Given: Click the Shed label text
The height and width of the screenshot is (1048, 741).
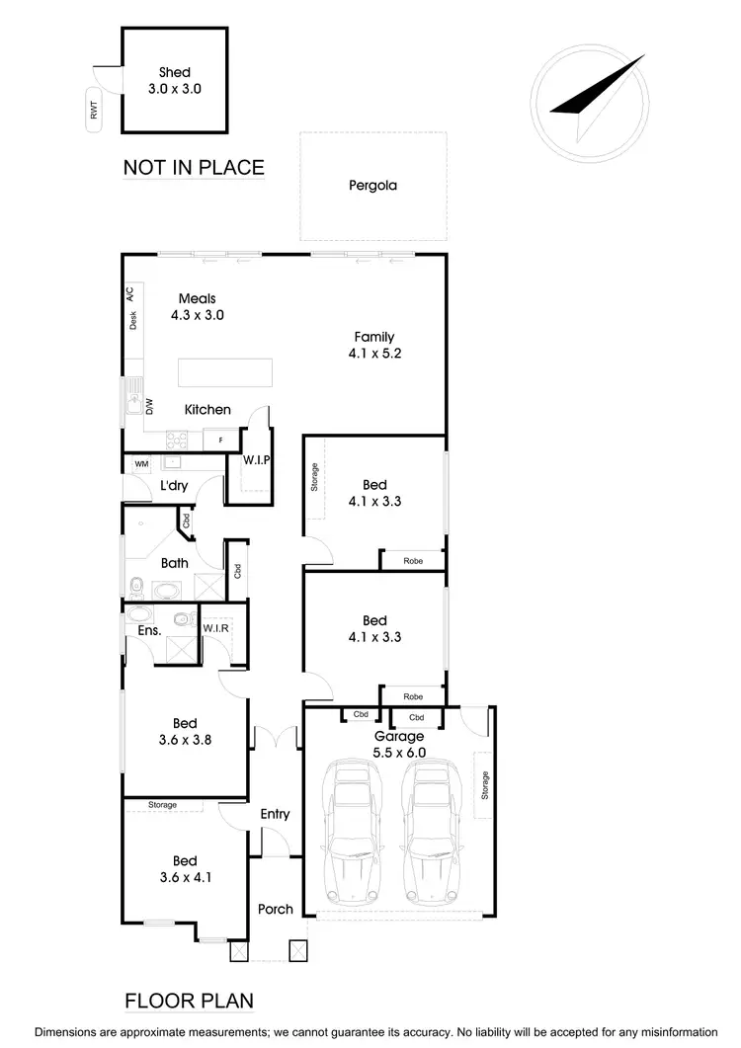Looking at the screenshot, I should (175, 72).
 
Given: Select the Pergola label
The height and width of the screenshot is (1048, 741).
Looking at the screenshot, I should (372, 185).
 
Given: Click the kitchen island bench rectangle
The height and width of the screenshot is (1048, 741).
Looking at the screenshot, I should (224, 374).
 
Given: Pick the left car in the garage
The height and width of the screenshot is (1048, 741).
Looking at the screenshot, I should (351, 835).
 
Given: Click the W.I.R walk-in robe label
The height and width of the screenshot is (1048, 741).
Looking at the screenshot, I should (216, 628).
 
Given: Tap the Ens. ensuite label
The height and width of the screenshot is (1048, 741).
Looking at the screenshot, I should (135, 628).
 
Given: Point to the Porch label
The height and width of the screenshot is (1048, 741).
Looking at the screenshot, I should (275, 909).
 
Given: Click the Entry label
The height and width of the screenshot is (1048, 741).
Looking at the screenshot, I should (275, 814).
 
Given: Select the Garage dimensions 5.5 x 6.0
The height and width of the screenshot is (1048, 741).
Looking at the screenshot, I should (399, 752).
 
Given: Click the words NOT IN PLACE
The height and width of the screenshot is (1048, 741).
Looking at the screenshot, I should (194, 167).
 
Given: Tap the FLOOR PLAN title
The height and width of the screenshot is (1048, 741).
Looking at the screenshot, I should (189, 1001).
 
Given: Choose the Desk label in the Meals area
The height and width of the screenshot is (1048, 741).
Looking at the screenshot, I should (132, 319).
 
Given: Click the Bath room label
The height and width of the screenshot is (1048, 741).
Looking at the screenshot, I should (175, 563).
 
